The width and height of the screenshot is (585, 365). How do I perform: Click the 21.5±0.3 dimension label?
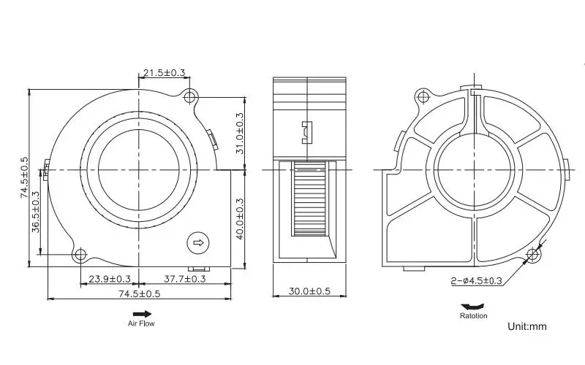click(x=165, y=73)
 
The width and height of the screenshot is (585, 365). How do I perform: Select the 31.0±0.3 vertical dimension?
click(x=241, y=128)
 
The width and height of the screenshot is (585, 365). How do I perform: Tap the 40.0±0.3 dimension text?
click(x=241, y=219)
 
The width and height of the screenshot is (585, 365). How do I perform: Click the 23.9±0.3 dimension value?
click(x=110, y=279)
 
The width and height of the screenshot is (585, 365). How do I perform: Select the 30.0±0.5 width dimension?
click(x=309, y=291)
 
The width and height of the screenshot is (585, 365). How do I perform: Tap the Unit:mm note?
click(x=527, y=326)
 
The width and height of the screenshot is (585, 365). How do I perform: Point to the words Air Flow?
click(x=142, y=323)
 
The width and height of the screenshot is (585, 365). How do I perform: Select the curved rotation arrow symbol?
click(x=469, y=307)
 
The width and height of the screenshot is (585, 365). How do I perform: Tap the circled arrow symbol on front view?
click(x=197, y=242)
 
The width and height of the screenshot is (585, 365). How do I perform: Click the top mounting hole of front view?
click(x=192, y=96)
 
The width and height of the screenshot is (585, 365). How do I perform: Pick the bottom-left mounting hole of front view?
click(x=79, y=254)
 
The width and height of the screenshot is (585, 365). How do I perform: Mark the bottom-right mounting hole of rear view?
click(x=535, y=254)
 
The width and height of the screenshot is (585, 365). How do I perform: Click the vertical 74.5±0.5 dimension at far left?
click(x=24, y=177)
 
